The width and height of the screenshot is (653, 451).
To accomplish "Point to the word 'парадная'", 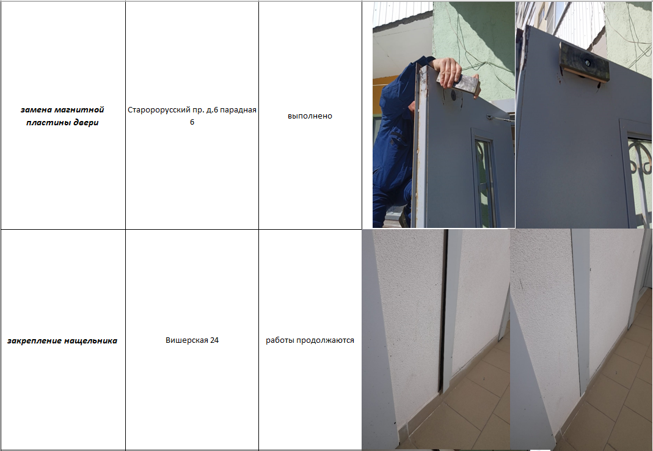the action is [238, 110].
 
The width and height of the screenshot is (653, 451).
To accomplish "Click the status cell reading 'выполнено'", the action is [310, 116].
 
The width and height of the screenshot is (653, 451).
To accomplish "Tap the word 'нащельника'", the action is [89, 341].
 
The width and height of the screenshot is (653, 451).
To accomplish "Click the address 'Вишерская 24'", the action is [192, 340].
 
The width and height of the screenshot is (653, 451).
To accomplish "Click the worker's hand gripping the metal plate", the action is [449, 71].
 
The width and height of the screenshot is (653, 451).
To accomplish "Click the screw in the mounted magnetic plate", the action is [587, 64].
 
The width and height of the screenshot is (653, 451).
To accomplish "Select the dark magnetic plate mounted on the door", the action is [584, 64].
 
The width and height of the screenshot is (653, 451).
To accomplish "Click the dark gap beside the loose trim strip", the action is [443, 313].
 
